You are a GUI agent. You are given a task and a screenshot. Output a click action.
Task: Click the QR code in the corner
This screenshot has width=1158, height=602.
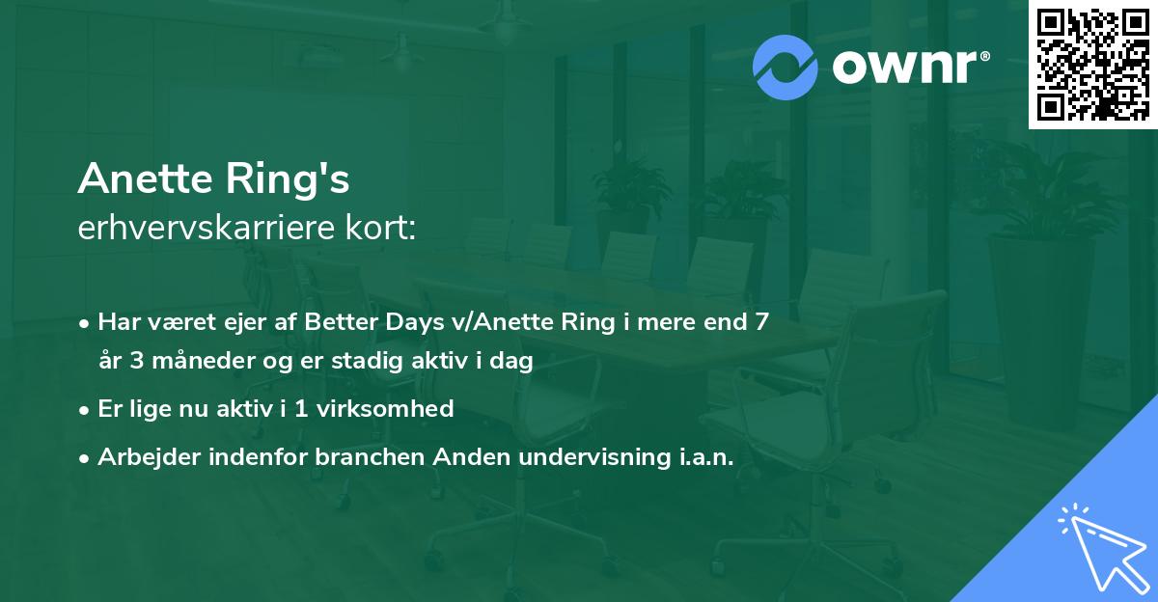click(x=1091, y=64)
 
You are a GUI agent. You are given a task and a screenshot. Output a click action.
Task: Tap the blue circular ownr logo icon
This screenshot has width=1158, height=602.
click(x=785, y=68)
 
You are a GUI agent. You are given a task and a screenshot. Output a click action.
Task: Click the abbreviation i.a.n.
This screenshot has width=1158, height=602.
click(x=702, y=456)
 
